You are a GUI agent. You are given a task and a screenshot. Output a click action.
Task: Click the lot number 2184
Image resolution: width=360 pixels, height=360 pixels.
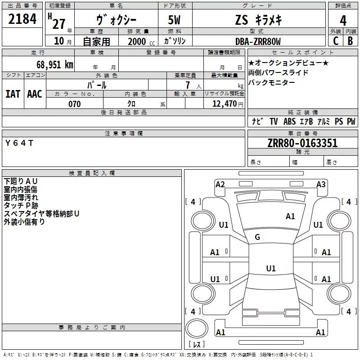point(22,19)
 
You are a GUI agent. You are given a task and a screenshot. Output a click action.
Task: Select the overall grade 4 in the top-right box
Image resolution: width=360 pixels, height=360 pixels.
point(343,21)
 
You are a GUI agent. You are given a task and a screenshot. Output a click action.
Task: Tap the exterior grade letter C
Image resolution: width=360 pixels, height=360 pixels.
point(336,41)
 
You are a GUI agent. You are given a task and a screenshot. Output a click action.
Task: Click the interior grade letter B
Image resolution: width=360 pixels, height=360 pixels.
point(350,41)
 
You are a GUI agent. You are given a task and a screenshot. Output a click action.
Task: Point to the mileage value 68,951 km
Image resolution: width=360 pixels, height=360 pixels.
point(55,65)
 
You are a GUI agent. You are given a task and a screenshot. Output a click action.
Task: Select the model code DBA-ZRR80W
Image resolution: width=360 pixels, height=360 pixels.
point(258,41)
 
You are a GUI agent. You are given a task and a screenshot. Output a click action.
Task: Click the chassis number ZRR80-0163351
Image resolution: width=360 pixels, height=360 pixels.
point(302,143)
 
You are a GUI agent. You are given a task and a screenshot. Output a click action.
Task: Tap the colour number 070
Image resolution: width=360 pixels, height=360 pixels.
point(75,104)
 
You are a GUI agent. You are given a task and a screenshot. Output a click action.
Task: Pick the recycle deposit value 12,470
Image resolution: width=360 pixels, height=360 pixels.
point(224,103)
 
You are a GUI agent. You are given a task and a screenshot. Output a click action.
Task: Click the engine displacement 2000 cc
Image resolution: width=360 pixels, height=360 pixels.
point(141,41)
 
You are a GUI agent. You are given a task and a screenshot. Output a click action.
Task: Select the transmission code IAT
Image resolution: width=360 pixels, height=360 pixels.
point(13,94)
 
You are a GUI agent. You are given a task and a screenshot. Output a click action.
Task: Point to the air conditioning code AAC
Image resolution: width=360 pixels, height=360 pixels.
point(35,94)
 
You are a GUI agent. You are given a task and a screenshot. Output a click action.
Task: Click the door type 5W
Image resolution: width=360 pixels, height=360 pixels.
point(174,20)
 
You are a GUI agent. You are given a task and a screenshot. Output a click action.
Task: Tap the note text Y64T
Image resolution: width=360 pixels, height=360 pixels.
point(19,143)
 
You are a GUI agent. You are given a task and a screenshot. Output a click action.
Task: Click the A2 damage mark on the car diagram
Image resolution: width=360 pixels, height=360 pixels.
point(220,184)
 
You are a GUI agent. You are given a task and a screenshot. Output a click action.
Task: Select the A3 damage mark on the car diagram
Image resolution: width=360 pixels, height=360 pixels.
point(321,184)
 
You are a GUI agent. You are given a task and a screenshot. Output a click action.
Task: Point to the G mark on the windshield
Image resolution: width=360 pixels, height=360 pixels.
point(257,237)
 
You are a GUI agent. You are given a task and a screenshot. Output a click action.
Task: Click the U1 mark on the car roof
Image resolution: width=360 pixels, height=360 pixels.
point(271,268)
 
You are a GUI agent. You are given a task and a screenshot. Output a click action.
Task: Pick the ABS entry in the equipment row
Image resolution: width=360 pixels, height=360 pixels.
point(289,121)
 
